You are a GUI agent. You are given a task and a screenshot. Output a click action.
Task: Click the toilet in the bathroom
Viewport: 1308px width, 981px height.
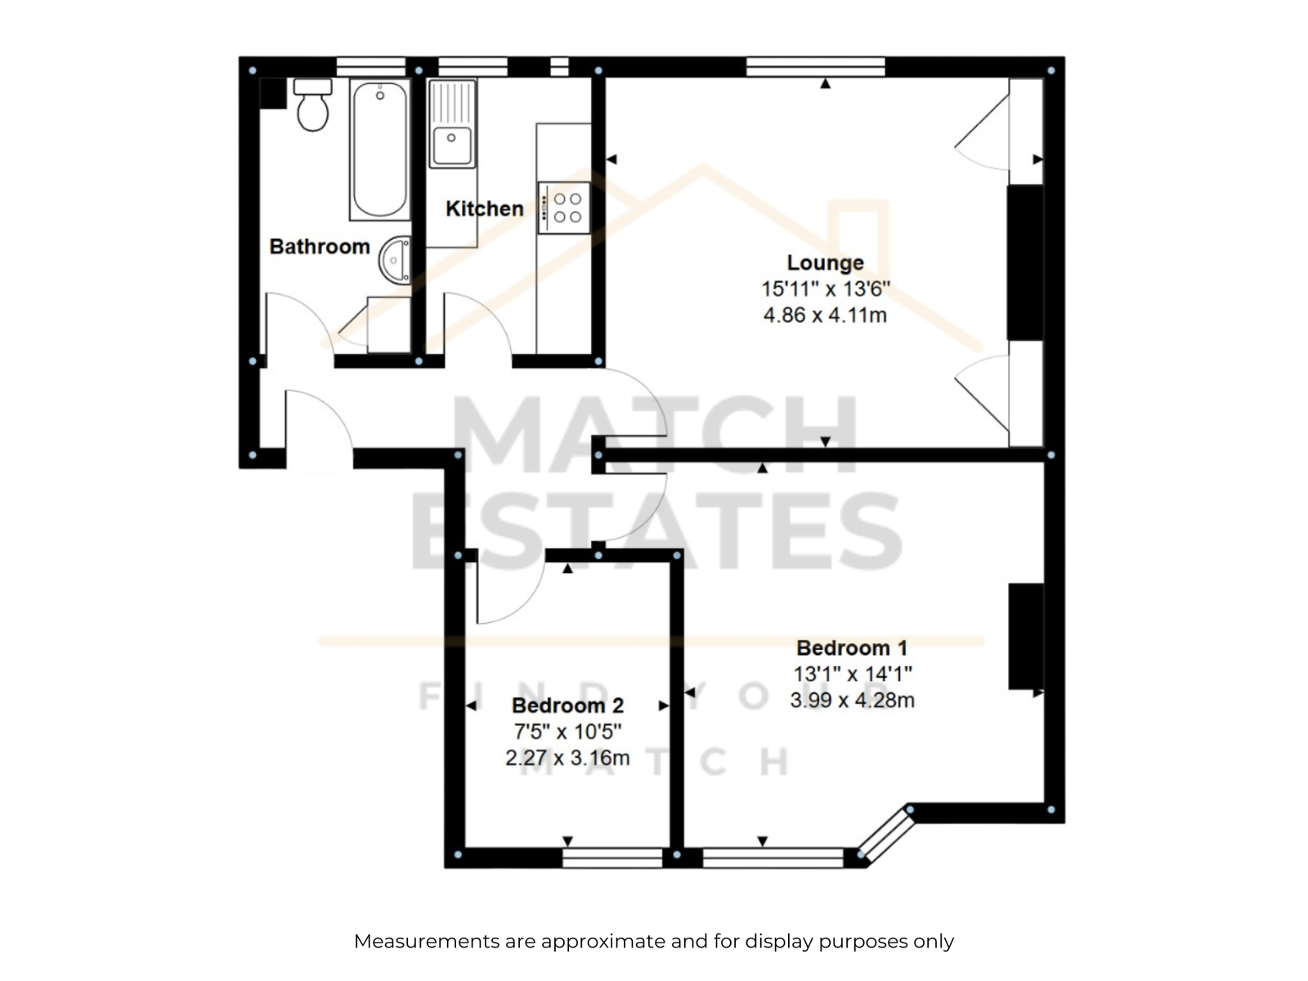pos(312,105)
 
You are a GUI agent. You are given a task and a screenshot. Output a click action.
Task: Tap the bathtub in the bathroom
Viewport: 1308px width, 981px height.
pos(379,149)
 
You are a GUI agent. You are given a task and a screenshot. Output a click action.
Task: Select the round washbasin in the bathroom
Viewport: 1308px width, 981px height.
pos(396,260)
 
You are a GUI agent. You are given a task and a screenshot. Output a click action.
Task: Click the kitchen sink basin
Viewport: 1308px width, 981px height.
pos(452,145)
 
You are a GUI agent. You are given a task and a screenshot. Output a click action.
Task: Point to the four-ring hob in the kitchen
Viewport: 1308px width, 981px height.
pos(564,208)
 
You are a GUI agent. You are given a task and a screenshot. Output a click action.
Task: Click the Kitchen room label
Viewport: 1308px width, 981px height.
pos(485,208)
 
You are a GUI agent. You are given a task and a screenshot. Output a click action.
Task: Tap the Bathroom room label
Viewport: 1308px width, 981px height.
pos(320,247)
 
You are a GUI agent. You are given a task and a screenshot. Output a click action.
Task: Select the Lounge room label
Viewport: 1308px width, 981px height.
pos(825,262)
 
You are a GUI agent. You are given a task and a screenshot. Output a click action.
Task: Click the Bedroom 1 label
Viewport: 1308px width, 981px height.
pos(852,647)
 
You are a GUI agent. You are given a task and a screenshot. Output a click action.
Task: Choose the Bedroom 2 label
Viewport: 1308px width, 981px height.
pos(567,706)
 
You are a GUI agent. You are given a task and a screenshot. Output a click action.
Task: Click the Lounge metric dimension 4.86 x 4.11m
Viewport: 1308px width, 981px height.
pos(825,315)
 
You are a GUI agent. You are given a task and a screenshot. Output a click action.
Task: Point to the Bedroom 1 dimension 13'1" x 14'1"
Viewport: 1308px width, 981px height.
pos(852,674)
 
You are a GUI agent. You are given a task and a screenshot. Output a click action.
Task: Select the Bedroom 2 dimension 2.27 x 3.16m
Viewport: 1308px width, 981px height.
pos(567,758)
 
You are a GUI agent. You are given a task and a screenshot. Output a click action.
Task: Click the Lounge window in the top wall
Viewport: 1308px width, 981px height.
pos(816,67)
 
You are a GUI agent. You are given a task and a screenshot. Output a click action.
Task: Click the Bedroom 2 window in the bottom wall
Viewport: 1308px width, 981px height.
pos(612,858)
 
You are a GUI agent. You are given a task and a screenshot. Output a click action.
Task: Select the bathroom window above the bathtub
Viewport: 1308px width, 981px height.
pos(370,67)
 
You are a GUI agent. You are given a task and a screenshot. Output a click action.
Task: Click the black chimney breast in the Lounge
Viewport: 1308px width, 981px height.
pos(1025,262)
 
